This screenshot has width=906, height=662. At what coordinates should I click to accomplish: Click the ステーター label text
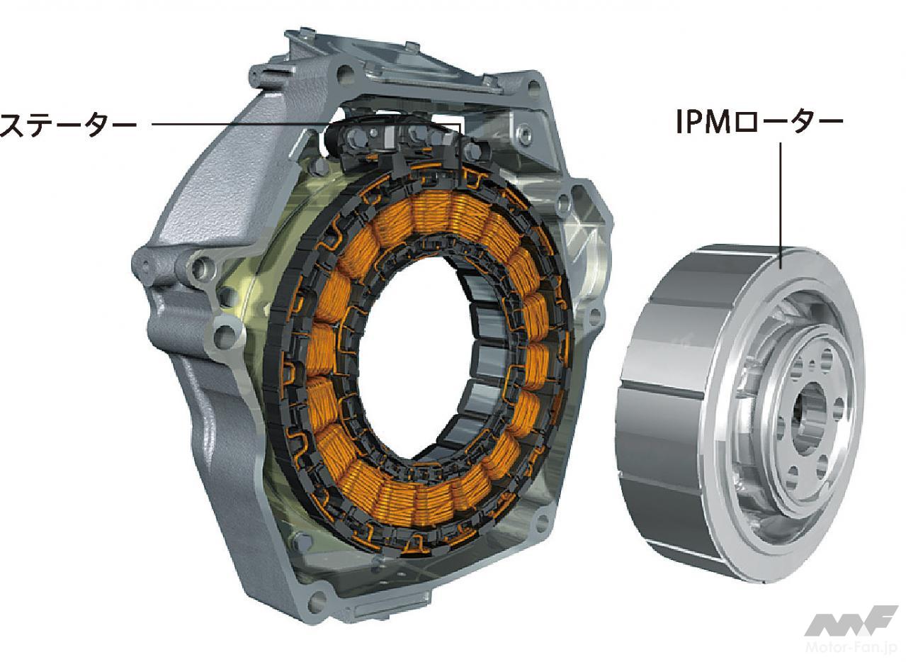[68, 125]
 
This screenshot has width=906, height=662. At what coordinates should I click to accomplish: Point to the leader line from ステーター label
[306, 124]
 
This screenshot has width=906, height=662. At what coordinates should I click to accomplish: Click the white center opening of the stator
[417, 357]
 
